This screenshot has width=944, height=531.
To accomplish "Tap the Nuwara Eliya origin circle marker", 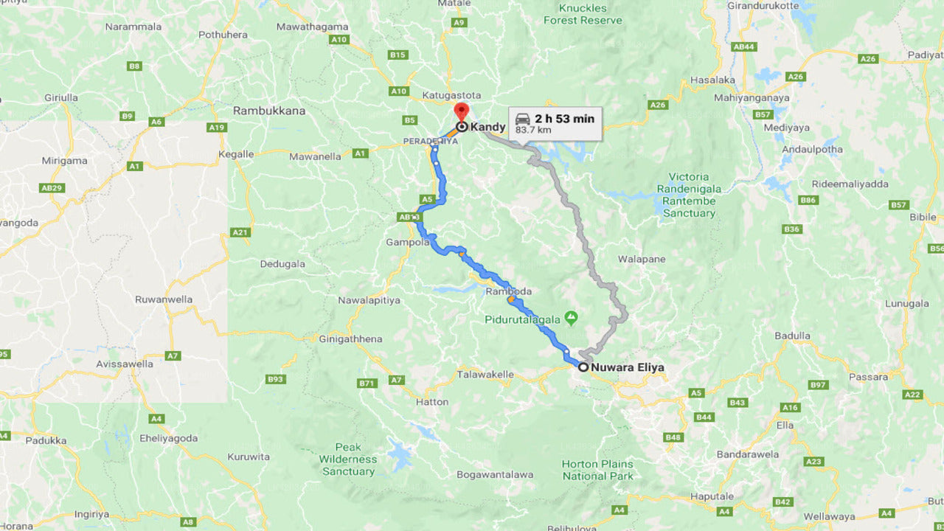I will tap(583, 367).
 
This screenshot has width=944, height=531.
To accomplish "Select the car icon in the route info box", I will tap(522, 119).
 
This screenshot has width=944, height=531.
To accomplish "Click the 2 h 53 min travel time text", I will tap(564, 119).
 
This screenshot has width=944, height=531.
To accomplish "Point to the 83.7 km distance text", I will tap(533, 131).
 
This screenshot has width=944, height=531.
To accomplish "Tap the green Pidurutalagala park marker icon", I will tap(571, 319).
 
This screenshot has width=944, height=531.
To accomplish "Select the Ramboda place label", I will tap(509, 291).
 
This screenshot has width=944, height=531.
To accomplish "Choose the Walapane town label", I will tap(642, 259).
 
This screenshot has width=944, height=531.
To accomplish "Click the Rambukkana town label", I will tap(269, 111).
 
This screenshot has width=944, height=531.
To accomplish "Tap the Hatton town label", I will tap(432, 402).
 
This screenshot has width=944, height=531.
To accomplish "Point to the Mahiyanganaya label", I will tap(752, 97).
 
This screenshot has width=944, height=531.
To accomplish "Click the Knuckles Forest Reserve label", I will tap(583, 14).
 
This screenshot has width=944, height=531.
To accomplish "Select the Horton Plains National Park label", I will tap(597, 470).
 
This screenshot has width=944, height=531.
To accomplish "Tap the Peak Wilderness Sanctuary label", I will tap(348, 459).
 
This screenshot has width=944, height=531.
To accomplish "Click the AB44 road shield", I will tap(743, 46).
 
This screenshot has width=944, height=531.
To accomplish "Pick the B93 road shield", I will tap(275, 379).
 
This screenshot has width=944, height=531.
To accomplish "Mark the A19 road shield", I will tap(216, 128).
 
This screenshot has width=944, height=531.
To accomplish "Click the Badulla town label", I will tap(793, 336).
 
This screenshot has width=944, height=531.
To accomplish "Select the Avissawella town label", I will tap(125, 364).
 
